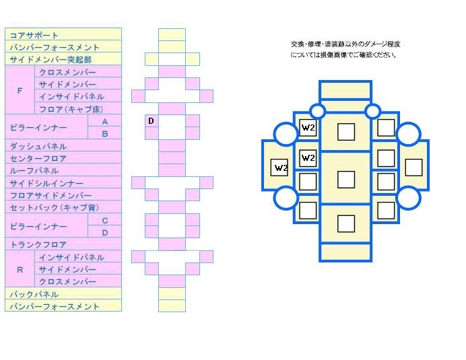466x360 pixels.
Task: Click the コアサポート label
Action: tap(34, 36)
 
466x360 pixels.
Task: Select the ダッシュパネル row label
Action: tap(38, 147)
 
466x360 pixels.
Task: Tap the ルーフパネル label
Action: tap(34, 171)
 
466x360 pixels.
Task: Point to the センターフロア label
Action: tap(38, 159)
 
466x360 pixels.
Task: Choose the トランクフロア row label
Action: tap(38, 245)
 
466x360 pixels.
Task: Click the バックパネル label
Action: tap(34, 294)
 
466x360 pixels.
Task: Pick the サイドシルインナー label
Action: tap(46, 183)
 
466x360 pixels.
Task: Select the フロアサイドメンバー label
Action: tap(51, 195)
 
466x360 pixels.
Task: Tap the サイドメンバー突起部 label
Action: tap(51, 60)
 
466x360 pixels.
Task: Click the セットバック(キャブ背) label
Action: tap(55, 208)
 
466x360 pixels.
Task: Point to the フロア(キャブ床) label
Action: tap(71, 109)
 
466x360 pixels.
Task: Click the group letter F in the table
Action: tap(20, 91)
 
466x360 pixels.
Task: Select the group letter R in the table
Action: tap(20, 270)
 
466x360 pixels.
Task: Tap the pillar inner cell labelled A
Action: tap(105, 122)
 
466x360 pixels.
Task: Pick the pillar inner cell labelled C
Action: tap(105, 221)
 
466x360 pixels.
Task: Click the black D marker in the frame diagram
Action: tap(151, 121)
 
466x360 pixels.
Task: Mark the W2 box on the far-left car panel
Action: tap(279, 168)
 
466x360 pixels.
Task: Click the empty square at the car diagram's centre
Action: tap(346, 180)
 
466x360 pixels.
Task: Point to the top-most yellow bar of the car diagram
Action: tap(345, 90)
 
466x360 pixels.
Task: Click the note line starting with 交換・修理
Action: tap(345, 44)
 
